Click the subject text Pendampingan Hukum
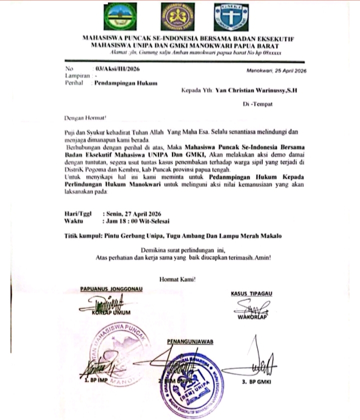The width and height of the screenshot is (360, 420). (126, 83)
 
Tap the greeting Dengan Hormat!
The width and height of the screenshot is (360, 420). (85, 118)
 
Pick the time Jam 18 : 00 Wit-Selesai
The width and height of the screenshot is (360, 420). (138, 220)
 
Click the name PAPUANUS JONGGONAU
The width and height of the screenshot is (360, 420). (111, 289)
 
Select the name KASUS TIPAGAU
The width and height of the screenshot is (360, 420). (251, 293)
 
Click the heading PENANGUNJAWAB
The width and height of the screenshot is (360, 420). (189, 341)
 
